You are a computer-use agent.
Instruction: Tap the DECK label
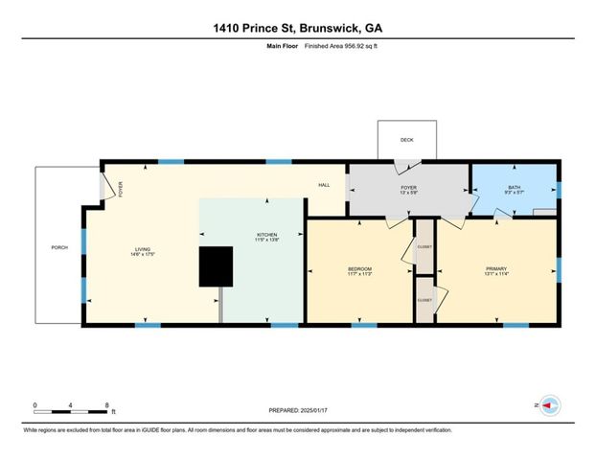pyautogui.click(x=406, y=140)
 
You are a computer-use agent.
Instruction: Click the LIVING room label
pyautogui.click(x=143, y=250)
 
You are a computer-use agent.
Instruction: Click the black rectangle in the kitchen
pyautogui.click(x=216, y=266)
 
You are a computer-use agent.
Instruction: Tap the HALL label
pyautogui.click(x=324, y=185)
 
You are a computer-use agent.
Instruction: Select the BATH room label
pyautogui.click(x=515, y=188)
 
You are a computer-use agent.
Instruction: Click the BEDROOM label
pyautogui.click(x=359, y=268)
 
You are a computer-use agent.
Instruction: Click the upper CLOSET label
pyautogui.click(x=424, y=247)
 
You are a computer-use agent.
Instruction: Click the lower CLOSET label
pyautogui.click(x=424, y=300)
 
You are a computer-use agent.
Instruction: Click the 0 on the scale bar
pyautogui.click(x=35, y=404)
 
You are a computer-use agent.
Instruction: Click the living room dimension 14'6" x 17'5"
pyautogui.click(x=143, y=255)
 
